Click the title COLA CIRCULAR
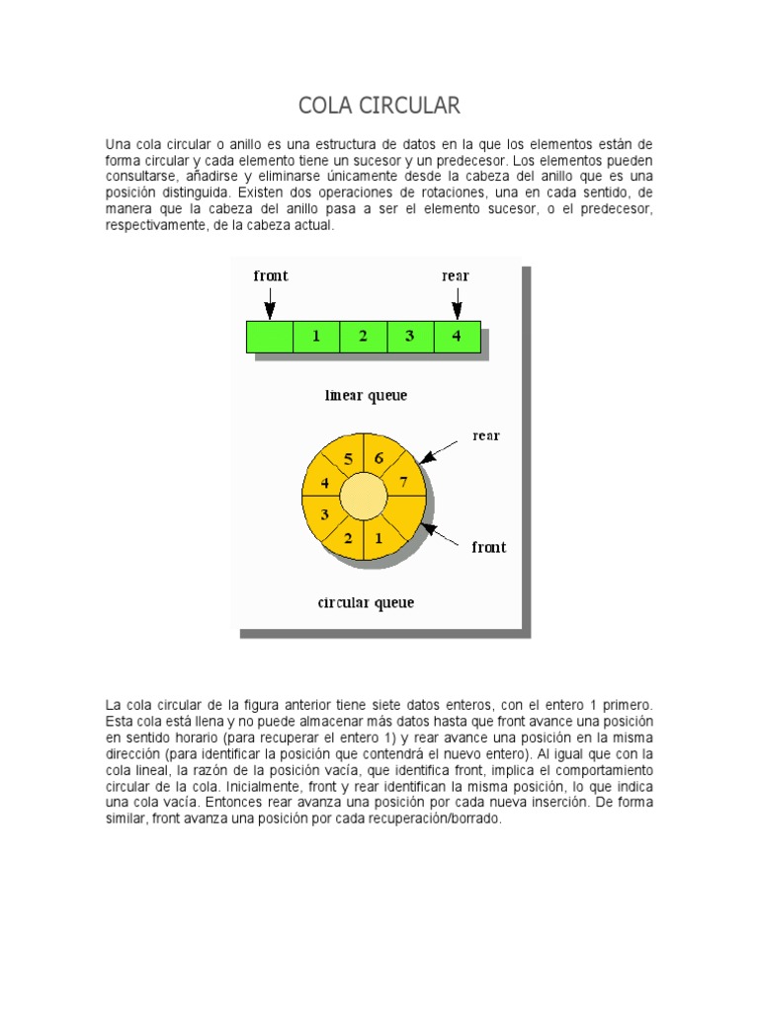379,105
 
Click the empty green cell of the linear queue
270,337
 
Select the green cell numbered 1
316,337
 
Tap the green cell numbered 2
363,337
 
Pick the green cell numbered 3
409,337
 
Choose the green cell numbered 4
457,337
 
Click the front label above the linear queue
271,276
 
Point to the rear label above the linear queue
456,276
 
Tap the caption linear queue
366,396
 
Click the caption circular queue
366,602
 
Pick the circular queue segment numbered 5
348,459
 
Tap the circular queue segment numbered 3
324,514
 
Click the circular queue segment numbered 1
379,538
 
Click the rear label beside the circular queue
486,435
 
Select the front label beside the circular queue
489,547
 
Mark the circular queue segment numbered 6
379,459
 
